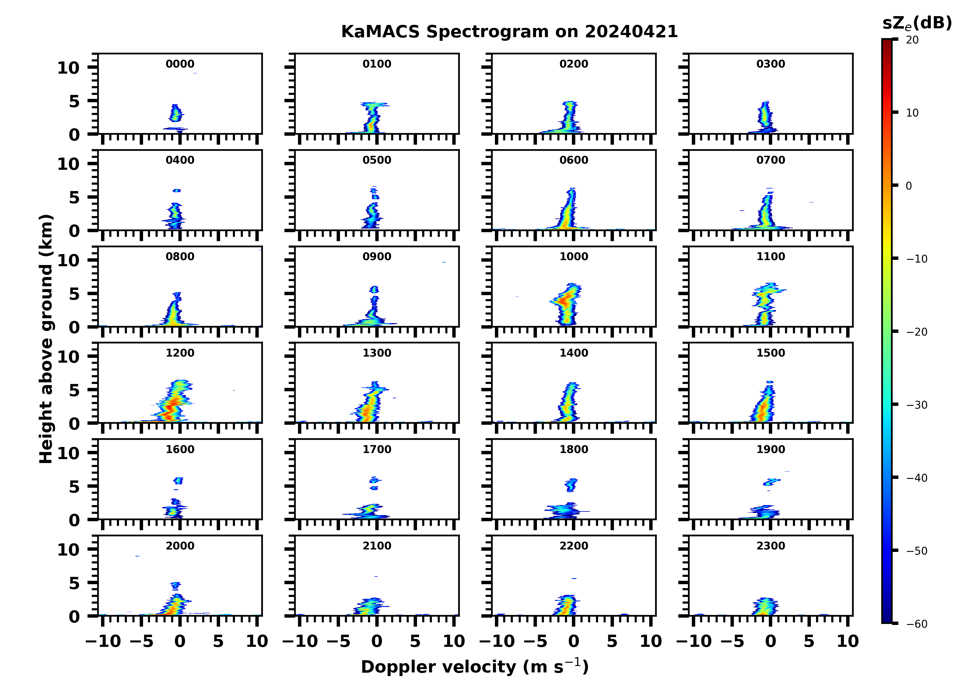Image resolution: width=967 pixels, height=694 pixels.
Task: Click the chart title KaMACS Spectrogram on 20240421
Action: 509,32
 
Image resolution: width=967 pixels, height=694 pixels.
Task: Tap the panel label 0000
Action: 180,64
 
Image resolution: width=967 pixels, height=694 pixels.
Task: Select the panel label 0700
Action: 770,160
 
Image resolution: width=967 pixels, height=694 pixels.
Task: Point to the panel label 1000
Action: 573,256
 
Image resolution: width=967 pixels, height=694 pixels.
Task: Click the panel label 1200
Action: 180,353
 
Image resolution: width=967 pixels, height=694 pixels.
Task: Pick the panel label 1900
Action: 770,449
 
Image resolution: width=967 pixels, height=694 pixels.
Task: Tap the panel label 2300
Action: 770,546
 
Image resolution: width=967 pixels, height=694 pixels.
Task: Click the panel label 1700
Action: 377,449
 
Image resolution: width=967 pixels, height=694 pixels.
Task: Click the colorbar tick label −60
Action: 917,624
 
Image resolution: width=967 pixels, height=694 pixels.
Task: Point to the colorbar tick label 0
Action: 909,186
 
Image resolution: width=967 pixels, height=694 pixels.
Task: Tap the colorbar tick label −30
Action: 917,405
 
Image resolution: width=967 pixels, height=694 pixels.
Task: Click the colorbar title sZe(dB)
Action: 917,23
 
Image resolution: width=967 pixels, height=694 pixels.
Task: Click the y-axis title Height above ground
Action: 46,339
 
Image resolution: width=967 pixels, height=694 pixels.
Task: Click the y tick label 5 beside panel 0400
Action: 74,197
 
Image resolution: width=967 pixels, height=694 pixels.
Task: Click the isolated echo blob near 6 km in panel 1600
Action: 178,481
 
